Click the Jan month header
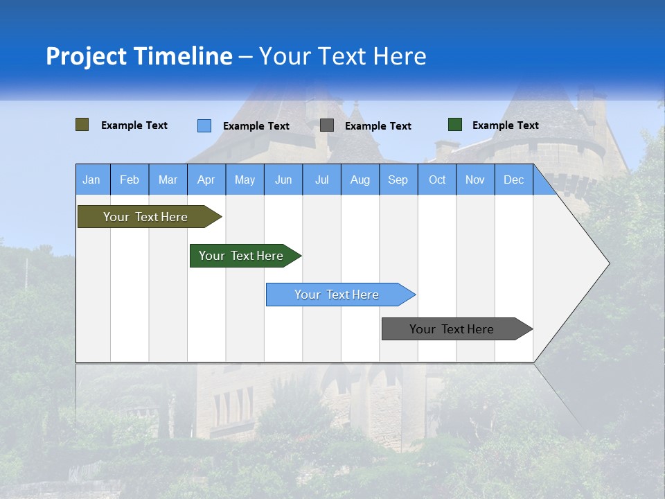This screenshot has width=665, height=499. tap(91, 180)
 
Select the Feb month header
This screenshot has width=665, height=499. tap(130, 180)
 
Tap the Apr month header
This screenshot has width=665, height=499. tap(206, 180)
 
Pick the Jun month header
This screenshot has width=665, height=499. tap(283, 180)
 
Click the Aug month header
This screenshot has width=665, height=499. tap(360, 180)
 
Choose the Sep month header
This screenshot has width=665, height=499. tap(398, 180)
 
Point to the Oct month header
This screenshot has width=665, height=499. tap(437, 180)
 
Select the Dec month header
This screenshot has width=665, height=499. tap(513, 180)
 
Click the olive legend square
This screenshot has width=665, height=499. tap(82, 125)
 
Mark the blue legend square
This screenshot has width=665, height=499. tap(204, 125)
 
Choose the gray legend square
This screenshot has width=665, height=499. tap(327, 125)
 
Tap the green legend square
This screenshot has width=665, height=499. tap(455, 125)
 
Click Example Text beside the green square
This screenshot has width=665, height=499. tap(505, 125)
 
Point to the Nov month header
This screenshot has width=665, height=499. tap(475, 180)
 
